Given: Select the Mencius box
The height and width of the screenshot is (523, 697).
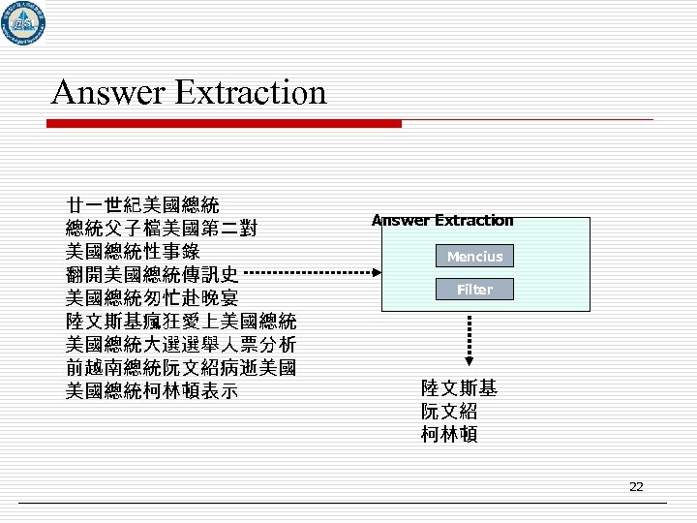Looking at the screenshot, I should tap(474, 257).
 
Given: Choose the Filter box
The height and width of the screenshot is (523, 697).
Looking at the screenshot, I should tap(474, 290).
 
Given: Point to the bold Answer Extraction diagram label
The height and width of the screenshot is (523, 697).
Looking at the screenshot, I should tap(443, 221).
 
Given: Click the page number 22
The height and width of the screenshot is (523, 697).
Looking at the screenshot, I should tap(636, 486).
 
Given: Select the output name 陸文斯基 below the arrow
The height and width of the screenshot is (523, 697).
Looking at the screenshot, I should tap(459, 389).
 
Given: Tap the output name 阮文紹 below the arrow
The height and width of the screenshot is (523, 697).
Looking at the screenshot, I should tap(449, 412).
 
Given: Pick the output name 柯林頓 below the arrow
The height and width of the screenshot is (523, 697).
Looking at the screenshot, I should tap(449, 434).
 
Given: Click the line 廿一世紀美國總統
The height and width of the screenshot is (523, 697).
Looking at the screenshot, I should tap(142, 205).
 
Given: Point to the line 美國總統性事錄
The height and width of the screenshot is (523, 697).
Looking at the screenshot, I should tap(132, 251).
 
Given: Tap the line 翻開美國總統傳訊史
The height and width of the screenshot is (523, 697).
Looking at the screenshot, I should tap(151, 274).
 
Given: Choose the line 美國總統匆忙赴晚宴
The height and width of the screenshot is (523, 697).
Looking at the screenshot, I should tap(151, 297).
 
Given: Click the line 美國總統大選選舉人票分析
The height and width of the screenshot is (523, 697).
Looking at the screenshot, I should tap(181, 344).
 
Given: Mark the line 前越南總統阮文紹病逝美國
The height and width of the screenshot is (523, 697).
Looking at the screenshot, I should tap(181, 368).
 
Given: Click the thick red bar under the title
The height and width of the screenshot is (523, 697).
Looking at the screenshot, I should tap(227, 124).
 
